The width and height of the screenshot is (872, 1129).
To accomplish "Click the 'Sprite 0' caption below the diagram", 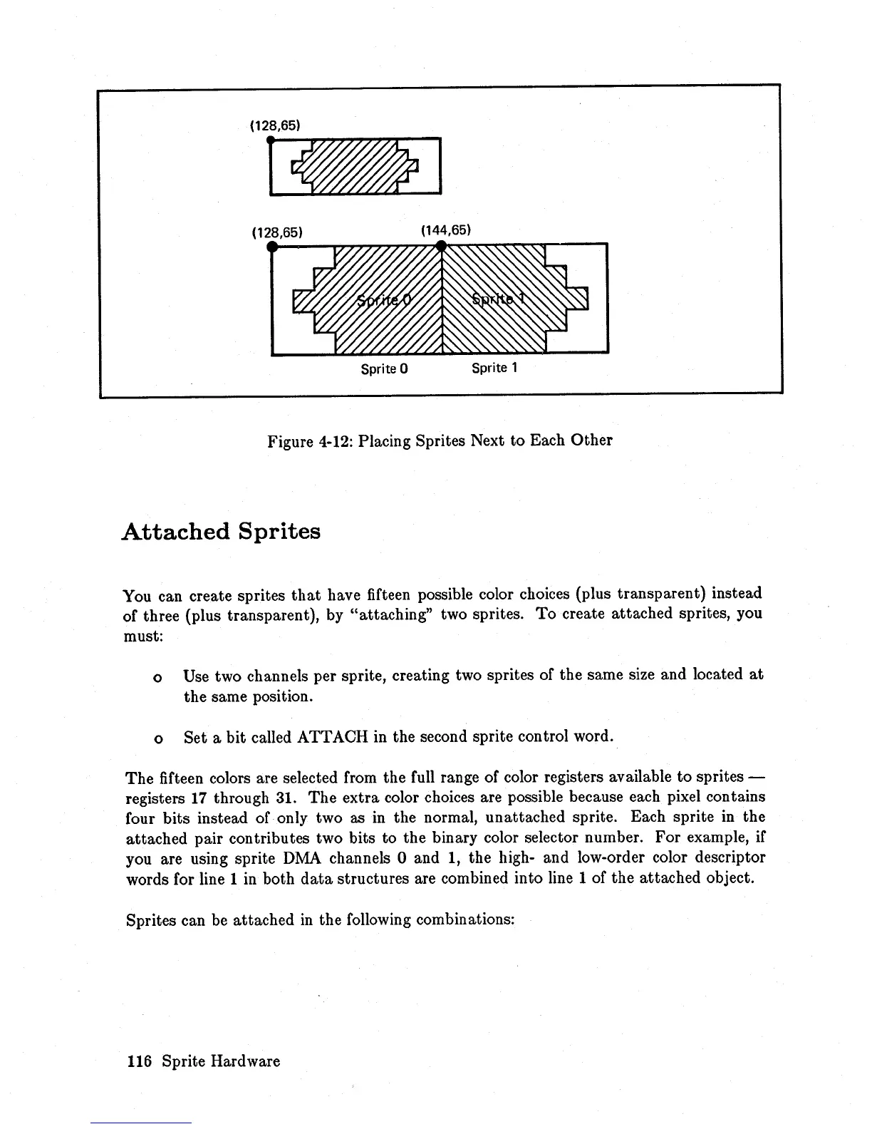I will point(383,369).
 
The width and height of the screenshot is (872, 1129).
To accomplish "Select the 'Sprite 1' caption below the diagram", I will point(494,368).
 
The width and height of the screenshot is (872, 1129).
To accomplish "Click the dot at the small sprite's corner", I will point(270,140).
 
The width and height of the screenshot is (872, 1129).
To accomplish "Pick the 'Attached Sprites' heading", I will point(221,532).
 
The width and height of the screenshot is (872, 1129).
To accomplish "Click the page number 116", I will point(139,1061).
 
